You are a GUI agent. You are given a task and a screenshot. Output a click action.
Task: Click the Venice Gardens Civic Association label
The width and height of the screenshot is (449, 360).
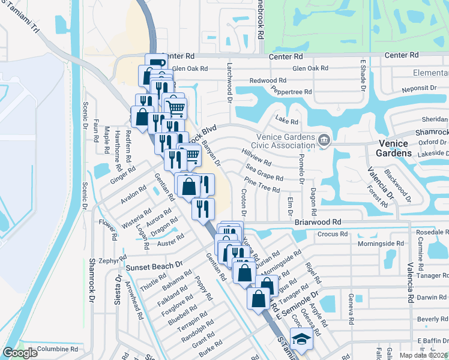click(x=277, y=140)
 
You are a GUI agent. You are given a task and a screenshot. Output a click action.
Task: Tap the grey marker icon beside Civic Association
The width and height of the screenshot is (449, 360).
click(x=324, y=140)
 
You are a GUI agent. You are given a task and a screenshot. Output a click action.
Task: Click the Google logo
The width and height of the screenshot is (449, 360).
click(x=20, y=353)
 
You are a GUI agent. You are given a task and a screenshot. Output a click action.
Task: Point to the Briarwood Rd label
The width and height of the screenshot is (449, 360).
click(x=318, y=221)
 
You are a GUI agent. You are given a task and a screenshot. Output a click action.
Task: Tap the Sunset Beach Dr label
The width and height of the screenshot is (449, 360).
click(x=154, y=265)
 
